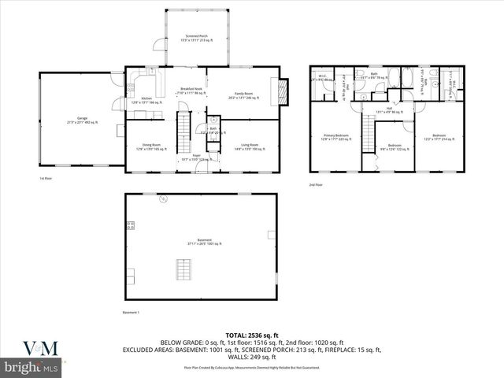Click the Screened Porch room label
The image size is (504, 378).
click(197, 38)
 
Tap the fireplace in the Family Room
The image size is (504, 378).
click(283, 93)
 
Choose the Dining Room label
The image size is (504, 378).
click(151, 146)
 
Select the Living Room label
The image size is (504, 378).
click(249, 146)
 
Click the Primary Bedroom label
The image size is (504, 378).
click(336, 137)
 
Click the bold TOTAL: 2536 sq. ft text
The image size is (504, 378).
click(252, 334)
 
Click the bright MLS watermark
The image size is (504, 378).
click(32, 367)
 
